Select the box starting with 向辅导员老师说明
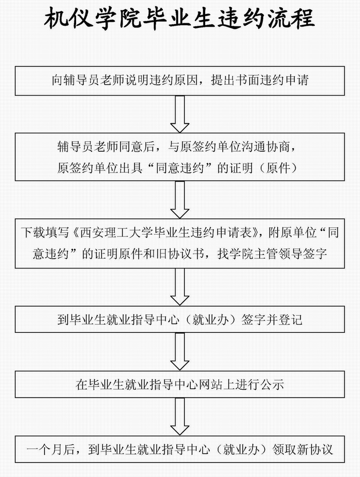click(180, 81)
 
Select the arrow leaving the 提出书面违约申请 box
click(180, 114)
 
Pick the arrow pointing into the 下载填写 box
click(180, 200)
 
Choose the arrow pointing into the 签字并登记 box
click(180, 287)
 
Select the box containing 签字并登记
click(180, 319)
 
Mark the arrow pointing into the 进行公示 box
click(180, 351)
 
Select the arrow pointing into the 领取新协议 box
click(180, 417)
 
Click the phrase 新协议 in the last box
click(315, 450)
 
